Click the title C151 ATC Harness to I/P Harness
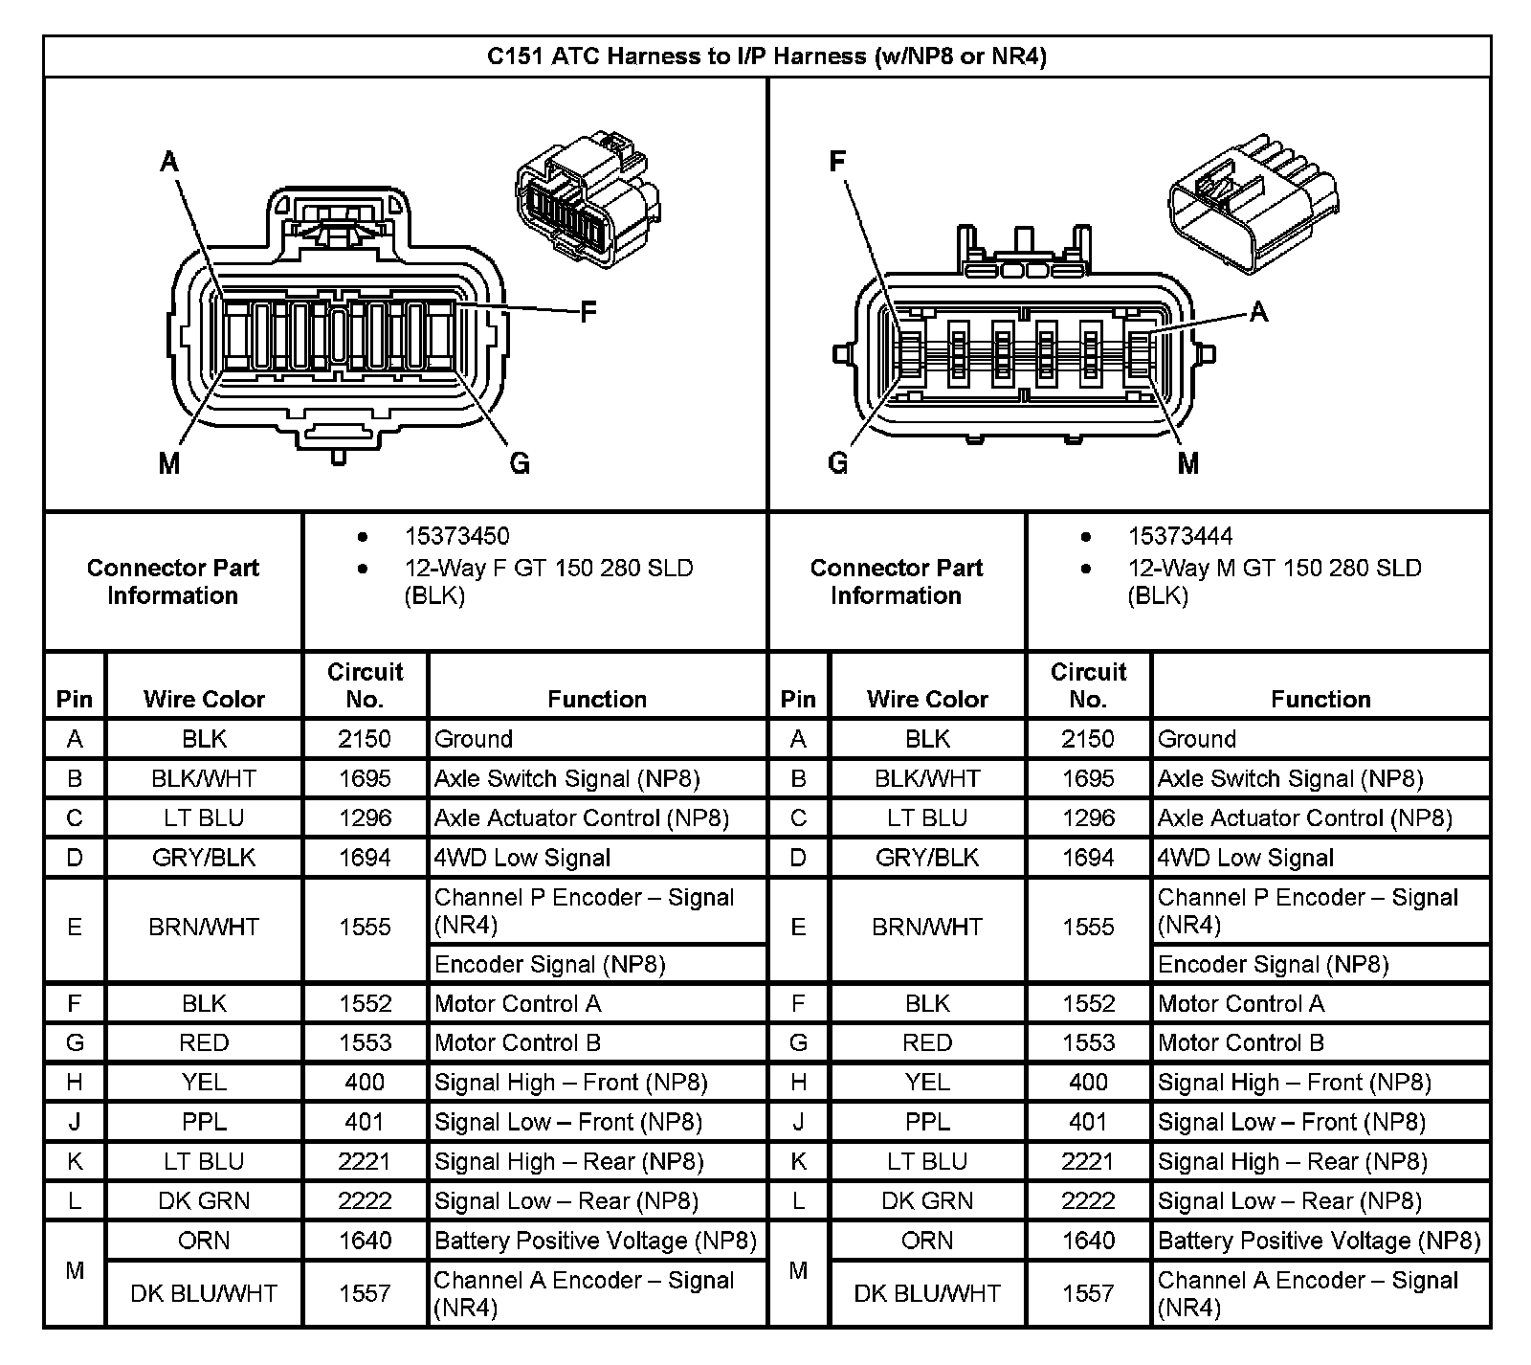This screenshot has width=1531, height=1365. coord(766,56)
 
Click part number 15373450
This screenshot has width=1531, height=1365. coord(456,536)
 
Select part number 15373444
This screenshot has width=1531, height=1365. coord(1180,536)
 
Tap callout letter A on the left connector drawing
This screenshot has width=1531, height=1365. coord(169,162)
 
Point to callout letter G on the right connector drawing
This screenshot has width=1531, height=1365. coord(837,464)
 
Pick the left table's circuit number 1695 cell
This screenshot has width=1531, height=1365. coord(365,778)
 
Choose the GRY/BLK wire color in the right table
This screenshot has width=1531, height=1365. coord(927,858)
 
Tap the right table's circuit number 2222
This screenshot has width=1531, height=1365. coord(1088,1200)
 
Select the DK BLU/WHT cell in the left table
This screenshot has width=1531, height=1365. coord(204,1293)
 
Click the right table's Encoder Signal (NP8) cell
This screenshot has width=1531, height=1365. coord(1273,964)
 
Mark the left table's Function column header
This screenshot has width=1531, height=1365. coord(597,699)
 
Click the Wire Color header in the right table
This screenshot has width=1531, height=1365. coord(927,699)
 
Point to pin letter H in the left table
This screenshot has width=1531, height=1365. coord(75,1082)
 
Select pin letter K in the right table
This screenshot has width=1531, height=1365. coord(798,1161)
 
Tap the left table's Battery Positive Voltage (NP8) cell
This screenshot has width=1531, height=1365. coord(595,1241)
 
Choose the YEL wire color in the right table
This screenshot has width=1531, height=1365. coord(927,1082)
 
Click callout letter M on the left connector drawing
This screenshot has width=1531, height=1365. coord(169,464)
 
